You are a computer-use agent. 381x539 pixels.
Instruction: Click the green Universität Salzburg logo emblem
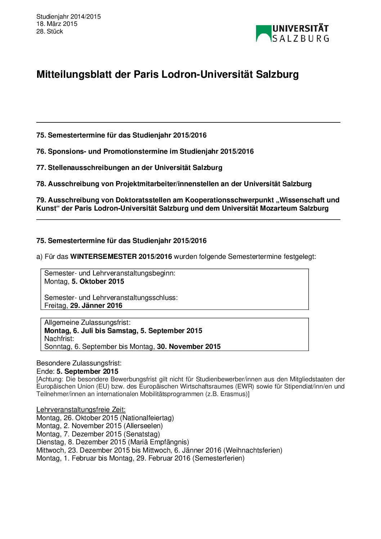(263, 33)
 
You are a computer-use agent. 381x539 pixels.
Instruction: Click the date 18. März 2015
(57, 24)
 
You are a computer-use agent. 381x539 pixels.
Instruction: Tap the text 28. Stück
(50, 31)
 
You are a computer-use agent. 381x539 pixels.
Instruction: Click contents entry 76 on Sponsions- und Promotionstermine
(145, 151)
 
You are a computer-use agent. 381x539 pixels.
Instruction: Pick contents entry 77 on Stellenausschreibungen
(129, 167)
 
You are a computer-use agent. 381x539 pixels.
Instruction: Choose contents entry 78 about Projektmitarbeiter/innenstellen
(174, 184)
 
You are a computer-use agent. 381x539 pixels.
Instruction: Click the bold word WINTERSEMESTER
(103, 257)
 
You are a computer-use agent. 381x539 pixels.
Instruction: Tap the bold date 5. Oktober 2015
(98, 281)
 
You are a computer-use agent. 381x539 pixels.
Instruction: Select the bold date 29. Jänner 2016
(96, 305)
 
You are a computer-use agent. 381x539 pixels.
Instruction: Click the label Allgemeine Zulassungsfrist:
(87, 322)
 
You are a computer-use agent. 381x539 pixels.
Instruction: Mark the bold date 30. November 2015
(189, 346)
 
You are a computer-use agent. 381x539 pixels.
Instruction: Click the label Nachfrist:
(59, 338)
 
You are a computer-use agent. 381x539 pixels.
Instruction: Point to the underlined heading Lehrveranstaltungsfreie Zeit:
(81, 409)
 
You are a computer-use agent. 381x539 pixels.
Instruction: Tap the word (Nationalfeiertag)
(147, 418)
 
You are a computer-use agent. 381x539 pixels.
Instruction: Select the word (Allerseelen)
(143, 426)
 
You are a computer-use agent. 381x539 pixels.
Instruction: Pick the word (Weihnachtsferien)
(253, 450)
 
